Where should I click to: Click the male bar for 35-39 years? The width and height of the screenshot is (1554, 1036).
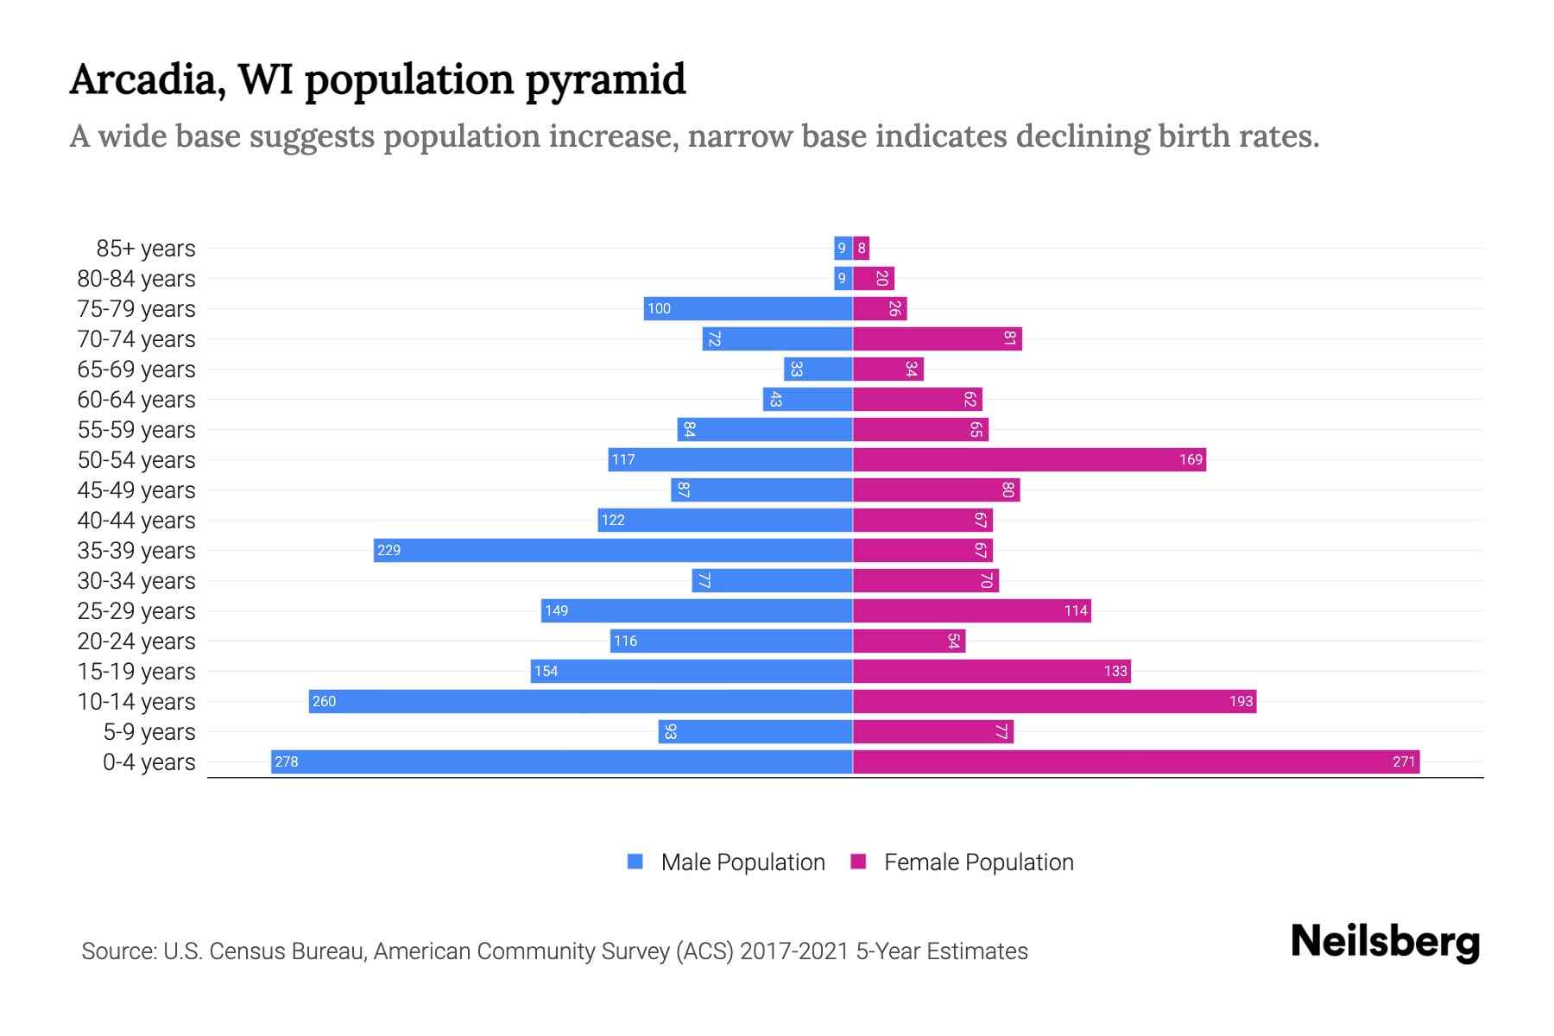point(613,550)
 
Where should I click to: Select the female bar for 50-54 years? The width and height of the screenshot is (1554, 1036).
point(1029,459)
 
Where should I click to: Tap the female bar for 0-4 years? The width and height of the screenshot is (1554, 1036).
point(1136,761)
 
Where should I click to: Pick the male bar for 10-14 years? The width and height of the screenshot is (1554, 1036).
point(580,701)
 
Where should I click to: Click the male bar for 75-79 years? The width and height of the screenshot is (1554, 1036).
point(748,308)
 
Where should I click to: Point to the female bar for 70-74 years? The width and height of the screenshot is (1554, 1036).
point(937,338)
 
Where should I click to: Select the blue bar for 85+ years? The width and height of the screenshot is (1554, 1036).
point(843,248)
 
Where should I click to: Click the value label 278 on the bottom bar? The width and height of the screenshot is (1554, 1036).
point(287,761)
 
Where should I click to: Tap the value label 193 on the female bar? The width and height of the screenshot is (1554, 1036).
point(1241,701)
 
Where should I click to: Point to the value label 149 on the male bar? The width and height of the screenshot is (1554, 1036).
point(557,610)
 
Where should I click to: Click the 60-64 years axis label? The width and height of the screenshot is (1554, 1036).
point(136,400)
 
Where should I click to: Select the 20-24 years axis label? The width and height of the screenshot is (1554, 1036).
point(136,641)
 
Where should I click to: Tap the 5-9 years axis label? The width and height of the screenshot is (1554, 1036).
point(149,732)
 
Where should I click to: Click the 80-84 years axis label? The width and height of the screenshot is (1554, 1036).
point(136,279)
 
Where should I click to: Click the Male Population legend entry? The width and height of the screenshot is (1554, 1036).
point(726,862)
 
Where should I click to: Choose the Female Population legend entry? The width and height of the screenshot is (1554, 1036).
point(963,862)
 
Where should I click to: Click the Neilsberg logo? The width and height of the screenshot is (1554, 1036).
point(1385,942)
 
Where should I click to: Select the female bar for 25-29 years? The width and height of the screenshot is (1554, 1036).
point(972,610)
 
